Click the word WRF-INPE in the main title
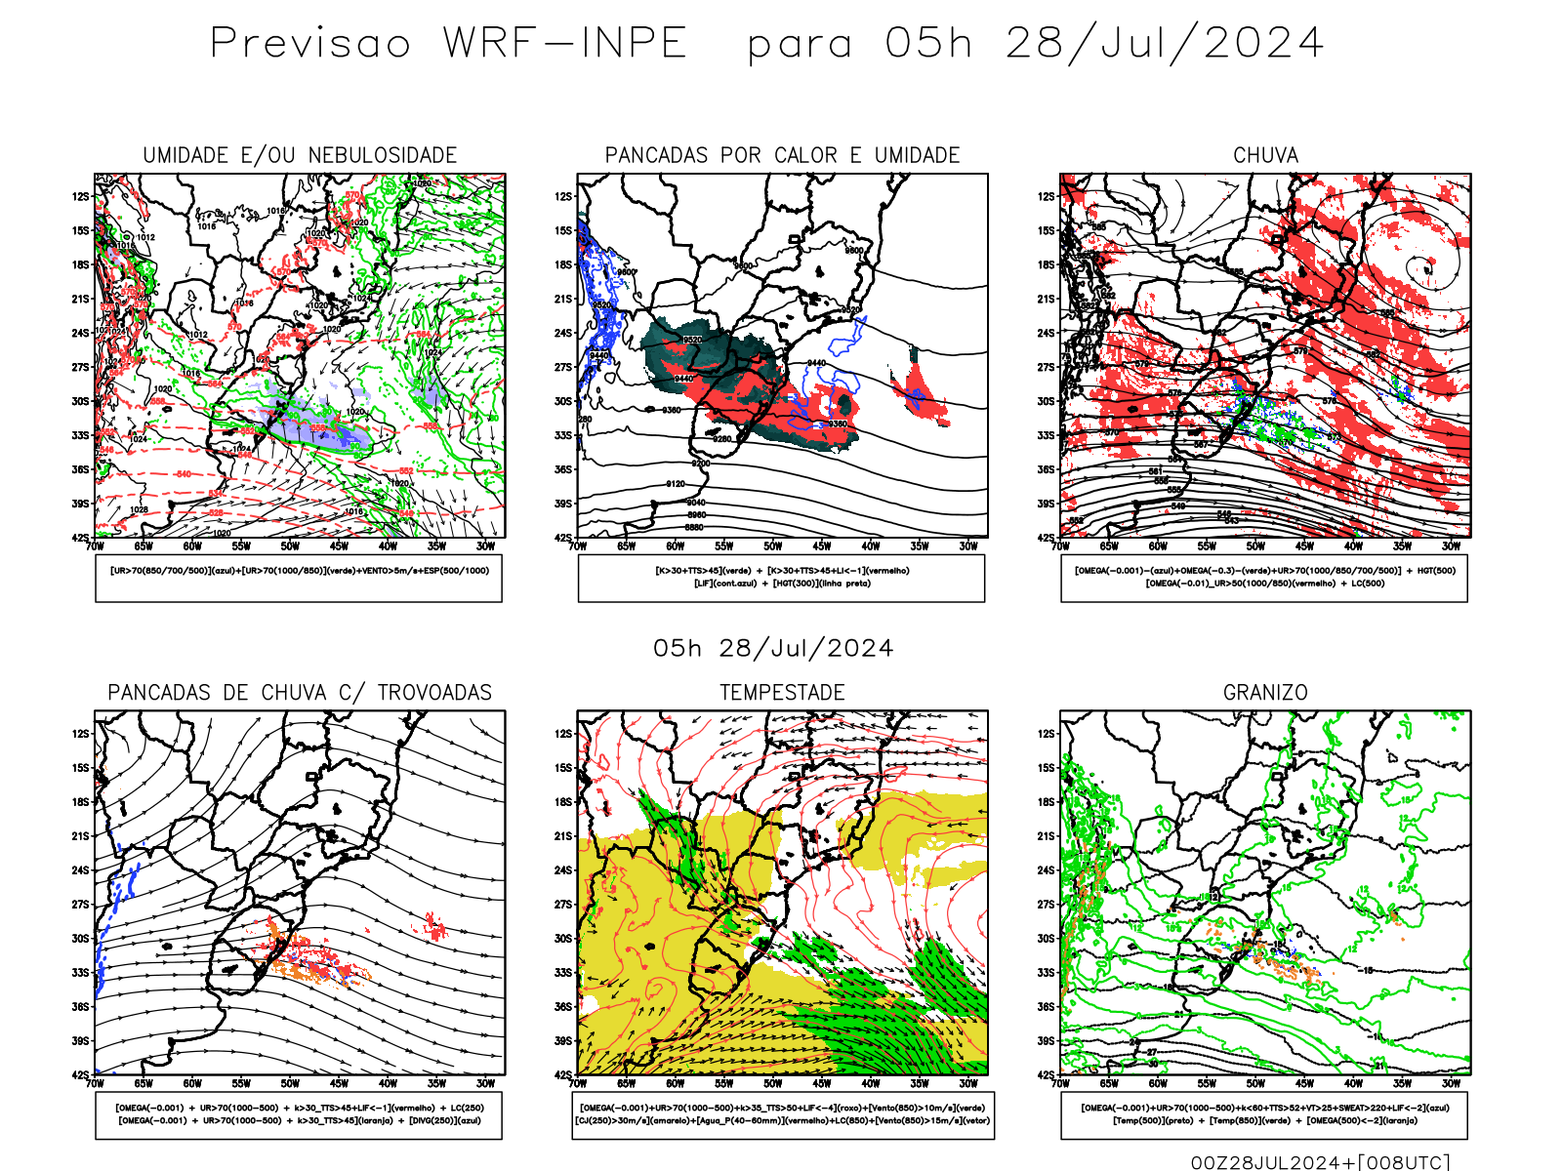coord(565,44)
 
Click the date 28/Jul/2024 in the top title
coord(1165,44)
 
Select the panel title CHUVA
coord(1265,155)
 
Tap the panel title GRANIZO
coord(1265,693)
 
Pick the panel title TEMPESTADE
coord(782,693)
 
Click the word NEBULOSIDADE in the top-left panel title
coord(383,155)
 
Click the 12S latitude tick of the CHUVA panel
coord(1046,196)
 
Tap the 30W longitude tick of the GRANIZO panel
coord(1452,1083)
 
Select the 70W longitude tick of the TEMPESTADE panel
coord(578,1083)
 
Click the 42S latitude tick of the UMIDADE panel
coord(80,538)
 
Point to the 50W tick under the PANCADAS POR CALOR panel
coord(773,546)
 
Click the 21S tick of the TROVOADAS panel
coord(80,836)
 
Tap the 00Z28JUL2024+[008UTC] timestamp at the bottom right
coord(1320,1161)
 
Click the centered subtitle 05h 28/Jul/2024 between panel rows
coord(773,649)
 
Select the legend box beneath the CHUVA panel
coord(1264,578)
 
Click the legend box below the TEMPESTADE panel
coord(783,1114)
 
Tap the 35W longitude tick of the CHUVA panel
coord(1403,546)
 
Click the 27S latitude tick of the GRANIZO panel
coord(1046,905)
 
